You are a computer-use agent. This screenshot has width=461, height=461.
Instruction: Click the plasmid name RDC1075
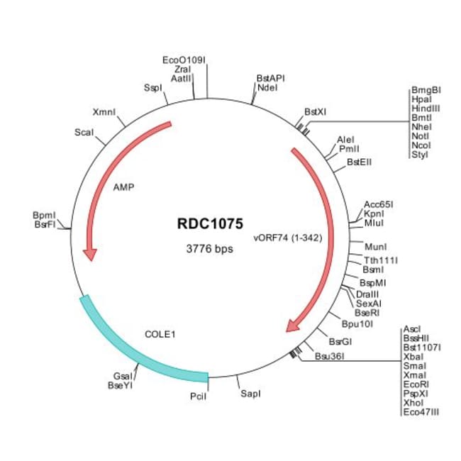pyautogui.click(x=210, y=223)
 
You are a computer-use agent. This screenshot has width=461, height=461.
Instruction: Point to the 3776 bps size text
pyautogui.click(x=210, y=249)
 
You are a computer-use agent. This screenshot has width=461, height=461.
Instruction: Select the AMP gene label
pyautogui.click(x=124, y=187)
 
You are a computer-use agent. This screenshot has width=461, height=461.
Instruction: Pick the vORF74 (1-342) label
pyautogui.click(x=288, y=238)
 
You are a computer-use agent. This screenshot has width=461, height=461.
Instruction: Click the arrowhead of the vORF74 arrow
pyautogui.click(x=294, y=325)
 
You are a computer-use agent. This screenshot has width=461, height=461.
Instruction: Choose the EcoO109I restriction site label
pyautogui.click(x=184, y=60)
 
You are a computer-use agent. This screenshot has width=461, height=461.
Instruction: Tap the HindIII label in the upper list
pyautogui.click(x=426, y=109)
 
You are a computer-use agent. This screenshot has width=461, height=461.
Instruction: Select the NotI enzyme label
pyautogui.click(x=420, y=136)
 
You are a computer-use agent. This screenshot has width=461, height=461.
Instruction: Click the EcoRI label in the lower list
pyautogui.click(x=416, y=384)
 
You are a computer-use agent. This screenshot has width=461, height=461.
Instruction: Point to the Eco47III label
pyautogui.click(x=421, y=412)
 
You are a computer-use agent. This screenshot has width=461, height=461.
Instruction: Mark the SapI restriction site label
pyautogui.click(x=250, y=394)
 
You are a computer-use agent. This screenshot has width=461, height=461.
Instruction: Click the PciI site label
pyautogui.click(x=198, y=396)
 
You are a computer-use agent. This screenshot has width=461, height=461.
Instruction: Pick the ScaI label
pyautogui.click(x=84, y=133)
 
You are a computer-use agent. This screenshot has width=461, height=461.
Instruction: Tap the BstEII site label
pyautogui.click(x=360, y=162)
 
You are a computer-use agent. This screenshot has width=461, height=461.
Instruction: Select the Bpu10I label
pyautogui.click(x=357, y=324)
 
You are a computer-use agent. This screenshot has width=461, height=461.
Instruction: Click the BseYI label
pyautogui.click(x=121, y=385)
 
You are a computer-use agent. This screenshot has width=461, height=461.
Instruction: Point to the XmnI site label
pyautogui.click(x=104, y=112)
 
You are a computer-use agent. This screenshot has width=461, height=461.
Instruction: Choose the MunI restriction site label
pyautogui.click(x=375, y=247)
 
